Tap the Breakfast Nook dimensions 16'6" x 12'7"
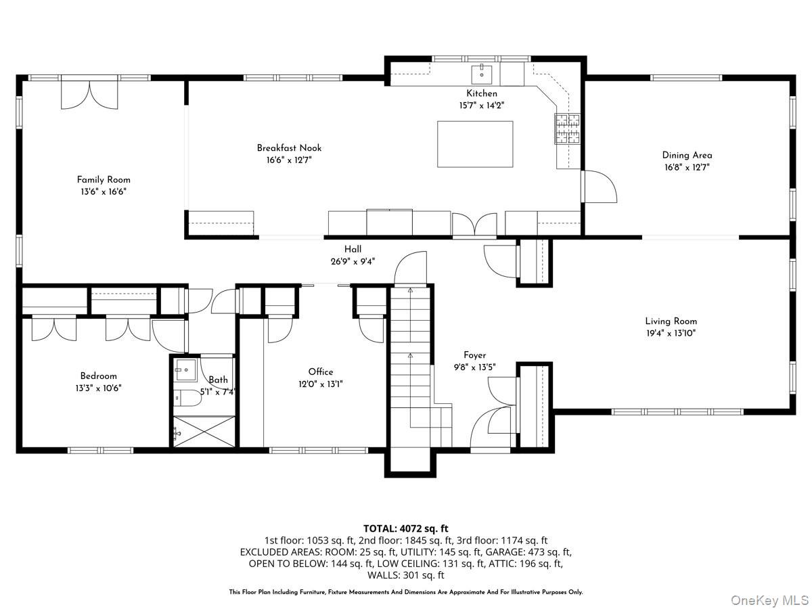(289, 160)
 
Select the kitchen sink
(482, 70)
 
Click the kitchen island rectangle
(474, 144)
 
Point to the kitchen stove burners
(568, 129)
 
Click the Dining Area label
(687, 155)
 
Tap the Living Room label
(671, 321)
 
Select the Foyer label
(474, 355)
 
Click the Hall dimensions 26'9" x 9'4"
(353, 261)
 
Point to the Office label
(321, 371)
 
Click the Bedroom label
(99, 376)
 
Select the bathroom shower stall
(203, 430)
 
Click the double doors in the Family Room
(89, 95)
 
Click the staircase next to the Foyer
(410, 365)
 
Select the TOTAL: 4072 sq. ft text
(405, 528)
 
